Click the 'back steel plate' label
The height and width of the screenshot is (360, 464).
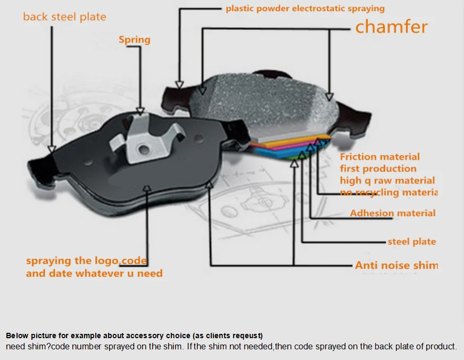64,17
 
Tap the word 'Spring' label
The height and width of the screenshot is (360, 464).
134,40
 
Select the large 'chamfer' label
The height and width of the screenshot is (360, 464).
391,27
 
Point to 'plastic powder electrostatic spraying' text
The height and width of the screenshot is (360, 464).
305,9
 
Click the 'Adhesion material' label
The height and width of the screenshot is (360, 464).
392,214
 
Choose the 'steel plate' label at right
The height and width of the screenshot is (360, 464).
411,242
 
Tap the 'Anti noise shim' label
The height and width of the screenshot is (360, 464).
396,265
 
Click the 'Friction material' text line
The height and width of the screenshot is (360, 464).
379,157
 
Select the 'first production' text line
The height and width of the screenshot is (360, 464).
378,169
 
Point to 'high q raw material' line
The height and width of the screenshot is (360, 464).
387,181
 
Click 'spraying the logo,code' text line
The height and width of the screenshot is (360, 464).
86,261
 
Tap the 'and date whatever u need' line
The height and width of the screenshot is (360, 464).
94,274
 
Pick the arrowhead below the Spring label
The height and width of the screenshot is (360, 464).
140,111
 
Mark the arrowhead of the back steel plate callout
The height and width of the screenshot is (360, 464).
52,149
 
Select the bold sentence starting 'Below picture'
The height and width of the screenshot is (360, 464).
134,336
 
